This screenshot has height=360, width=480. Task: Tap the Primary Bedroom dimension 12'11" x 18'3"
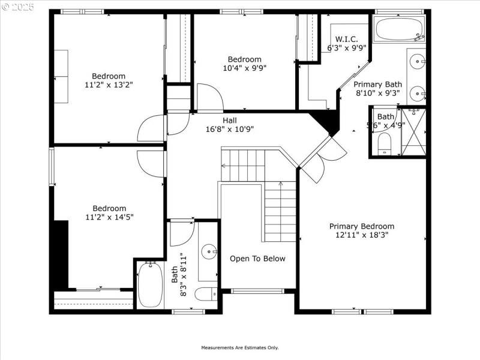tap(362, 235)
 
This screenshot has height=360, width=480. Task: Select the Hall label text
tap(230, 120)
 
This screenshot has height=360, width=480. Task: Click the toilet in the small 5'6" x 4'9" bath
tap(385, 143)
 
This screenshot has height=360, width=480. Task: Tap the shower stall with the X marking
tap(413, 131)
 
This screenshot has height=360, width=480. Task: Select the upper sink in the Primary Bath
tap(418, 60)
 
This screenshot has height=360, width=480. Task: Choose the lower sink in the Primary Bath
tap(418, 94)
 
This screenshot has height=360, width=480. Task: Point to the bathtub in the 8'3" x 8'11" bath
tap(150, 285)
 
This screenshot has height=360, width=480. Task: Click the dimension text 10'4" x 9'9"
tap(244, 68)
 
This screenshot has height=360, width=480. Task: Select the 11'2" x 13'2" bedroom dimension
tap(109, 85)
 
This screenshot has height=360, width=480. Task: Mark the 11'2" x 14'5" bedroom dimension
tap(109, 217)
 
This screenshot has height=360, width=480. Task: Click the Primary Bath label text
tap(377, 85)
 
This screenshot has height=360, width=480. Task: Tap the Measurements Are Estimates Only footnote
tap(239, 347)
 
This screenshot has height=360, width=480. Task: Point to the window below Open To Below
tap(258, 291)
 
